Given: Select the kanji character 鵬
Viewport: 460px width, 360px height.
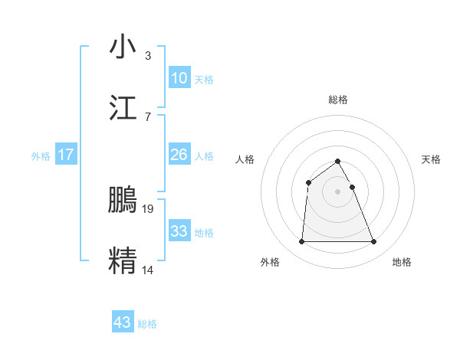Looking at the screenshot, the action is (x=123, y=199).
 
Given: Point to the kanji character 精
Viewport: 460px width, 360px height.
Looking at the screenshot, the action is (x=123, y=260).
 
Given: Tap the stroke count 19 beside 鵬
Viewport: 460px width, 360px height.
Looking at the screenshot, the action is (x=149, y=208).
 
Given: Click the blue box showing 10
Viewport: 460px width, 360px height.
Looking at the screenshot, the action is (x=179, y=78).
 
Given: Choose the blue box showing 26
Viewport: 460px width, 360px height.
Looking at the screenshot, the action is (x=179, y=155).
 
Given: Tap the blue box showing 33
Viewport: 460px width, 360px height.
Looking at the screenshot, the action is (x=179, y=231).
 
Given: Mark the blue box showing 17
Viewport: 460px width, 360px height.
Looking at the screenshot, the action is (x=66, y=155).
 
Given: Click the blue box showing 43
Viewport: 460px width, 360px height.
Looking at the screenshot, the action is (x=123, y=322).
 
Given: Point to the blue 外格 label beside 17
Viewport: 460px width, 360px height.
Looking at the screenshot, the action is (x=41, y=156).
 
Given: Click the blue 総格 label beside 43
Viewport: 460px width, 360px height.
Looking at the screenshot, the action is (x=147, y=324).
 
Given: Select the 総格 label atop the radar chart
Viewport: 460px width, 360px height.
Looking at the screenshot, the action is (x=337, y=100).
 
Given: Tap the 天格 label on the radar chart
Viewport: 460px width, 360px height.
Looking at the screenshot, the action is (x=431, y=159).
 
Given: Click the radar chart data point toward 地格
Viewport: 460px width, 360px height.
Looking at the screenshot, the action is (x=374, y=242).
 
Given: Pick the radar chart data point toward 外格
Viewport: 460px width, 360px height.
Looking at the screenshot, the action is (x=301, y=242).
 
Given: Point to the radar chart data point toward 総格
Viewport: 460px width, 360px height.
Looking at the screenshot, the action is (x=337, y=161).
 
